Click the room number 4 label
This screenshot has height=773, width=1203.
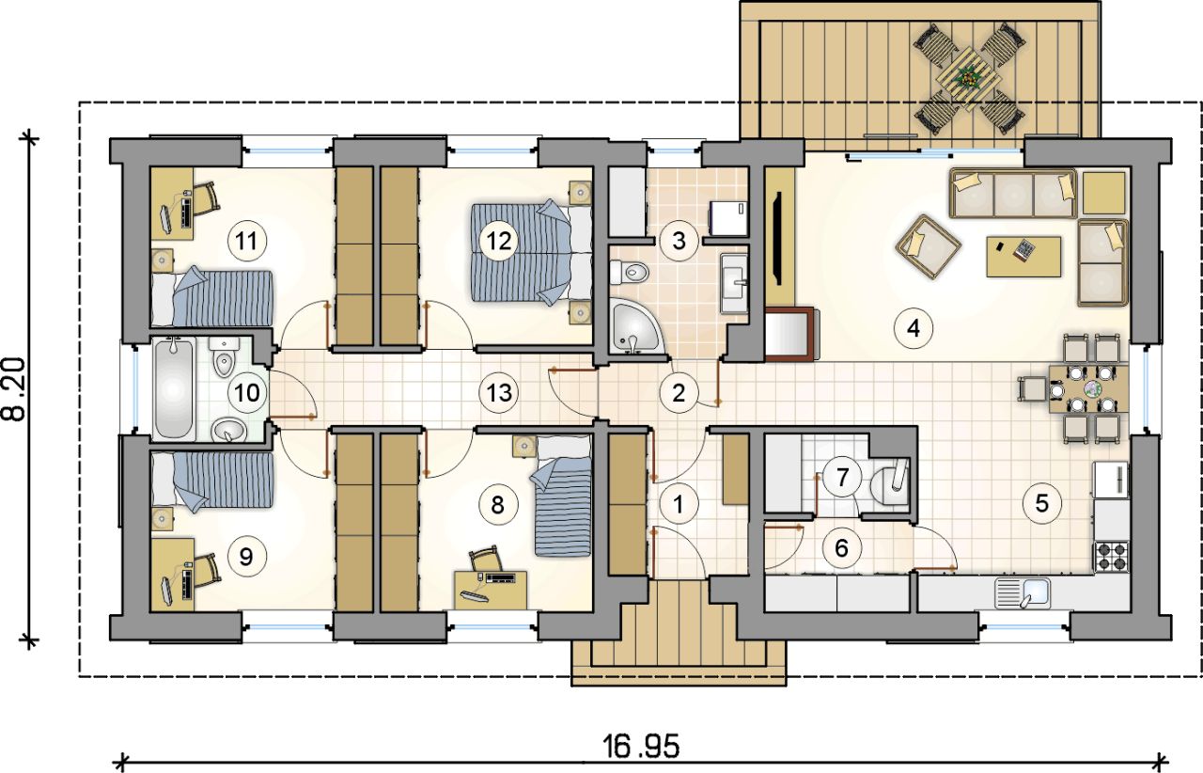(914, 327)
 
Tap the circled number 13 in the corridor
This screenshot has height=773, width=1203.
(499, 392)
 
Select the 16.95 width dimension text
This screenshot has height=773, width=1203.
(641, 747)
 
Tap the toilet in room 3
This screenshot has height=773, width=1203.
(629, 273)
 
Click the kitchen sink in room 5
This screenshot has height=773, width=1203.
(1023, 593)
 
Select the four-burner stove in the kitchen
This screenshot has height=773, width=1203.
(1112, 557)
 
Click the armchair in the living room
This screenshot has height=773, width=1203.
(928, 246)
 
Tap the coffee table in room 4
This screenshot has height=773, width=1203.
(1023, 257)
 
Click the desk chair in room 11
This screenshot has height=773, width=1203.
(206, 200)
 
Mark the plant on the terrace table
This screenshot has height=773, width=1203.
(968, 79)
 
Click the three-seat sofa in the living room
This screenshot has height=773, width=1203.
(1013, 194)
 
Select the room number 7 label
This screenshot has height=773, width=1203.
(842, 477)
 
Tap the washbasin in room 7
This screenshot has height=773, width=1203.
(889, 482)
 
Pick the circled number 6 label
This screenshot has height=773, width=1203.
(841, 547)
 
